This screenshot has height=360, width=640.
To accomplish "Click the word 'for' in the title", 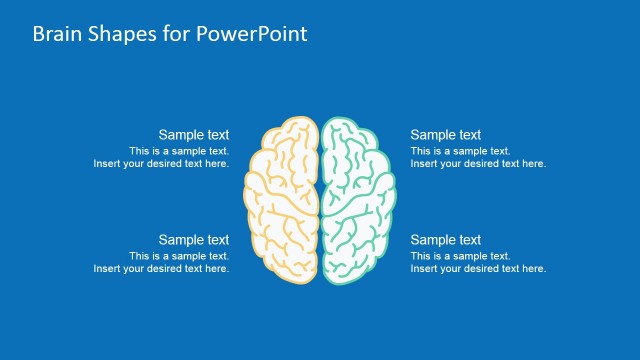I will click(177, 33).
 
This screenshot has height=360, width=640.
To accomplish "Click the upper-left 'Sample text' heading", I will click(194, 135).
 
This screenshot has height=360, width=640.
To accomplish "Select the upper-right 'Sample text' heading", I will click(446, 135).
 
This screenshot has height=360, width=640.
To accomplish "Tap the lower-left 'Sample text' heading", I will click(194, 240).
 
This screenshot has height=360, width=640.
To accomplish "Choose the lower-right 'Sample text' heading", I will click(446, 240).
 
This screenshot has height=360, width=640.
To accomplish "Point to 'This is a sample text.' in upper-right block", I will click(460, 151).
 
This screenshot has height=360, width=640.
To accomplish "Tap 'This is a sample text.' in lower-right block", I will click(460, 256).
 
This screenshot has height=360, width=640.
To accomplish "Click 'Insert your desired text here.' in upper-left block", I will click(161, 164).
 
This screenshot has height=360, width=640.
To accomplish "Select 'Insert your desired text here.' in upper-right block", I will click(478, 164).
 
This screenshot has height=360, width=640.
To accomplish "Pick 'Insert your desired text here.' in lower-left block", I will click(161, 269).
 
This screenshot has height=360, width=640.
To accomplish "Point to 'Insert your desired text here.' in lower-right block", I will click(478, 269).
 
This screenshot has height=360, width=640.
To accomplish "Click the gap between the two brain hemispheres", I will click(320, 200).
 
